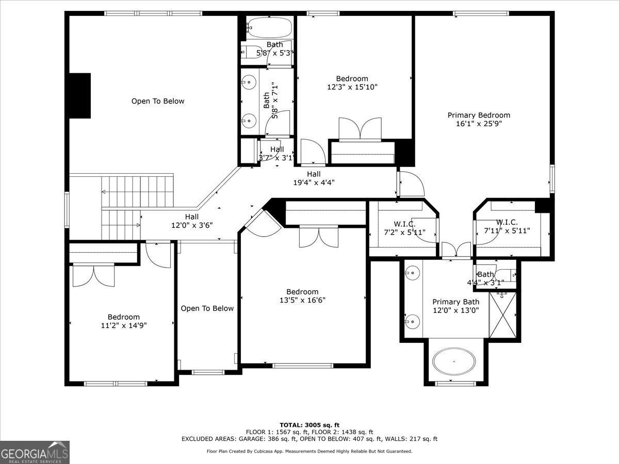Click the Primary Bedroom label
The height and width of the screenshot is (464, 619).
(479, 115)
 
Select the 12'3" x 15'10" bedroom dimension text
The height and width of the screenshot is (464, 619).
(352, 87)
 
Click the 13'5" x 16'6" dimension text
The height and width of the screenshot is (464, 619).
(302, 300)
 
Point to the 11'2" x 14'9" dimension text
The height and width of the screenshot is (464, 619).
(123, 325)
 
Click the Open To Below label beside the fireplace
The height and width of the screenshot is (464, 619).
(157, 101)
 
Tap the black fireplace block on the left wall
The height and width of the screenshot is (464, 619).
(80, 95)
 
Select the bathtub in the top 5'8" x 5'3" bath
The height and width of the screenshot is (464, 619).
(269, 27)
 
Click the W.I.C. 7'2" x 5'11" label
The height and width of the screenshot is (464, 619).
(404, 227)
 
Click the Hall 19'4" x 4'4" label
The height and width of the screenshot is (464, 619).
(314, 178)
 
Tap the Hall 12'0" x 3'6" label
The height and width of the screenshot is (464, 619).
(192, 221)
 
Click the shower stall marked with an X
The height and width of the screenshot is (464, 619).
(502, 314)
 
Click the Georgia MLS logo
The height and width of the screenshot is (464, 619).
(35, 452)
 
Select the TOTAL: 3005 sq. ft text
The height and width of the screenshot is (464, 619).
(309, 425)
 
